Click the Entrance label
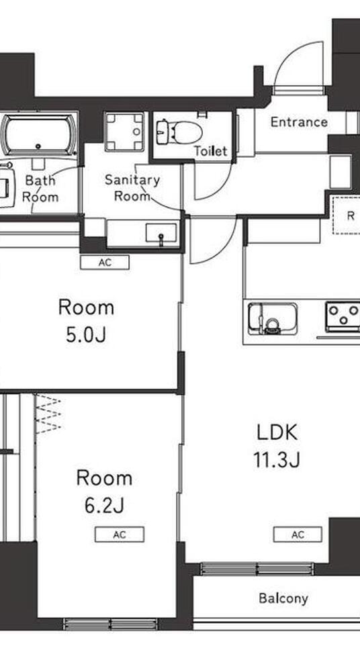(x=299, y=122)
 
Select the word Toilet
(x=211, y=151)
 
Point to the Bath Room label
(x=40, y=188)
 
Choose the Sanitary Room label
(x=132, y=187)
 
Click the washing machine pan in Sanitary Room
(x=124, y=132)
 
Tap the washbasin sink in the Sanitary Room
(x=161, y=234)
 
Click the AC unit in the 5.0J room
(x=105, y=262)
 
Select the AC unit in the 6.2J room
(x=120, y=535)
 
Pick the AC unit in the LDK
(x=298, y=535)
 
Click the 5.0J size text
(x=86, y=335)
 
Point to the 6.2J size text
(x=104, y=506)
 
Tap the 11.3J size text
(x=277, y=460)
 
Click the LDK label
(x=277, y=433)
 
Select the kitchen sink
(x=273, y=318)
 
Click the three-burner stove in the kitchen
(x=343, y=317)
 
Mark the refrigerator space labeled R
(x=347, y=216)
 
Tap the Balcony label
(x=283, y=598)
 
